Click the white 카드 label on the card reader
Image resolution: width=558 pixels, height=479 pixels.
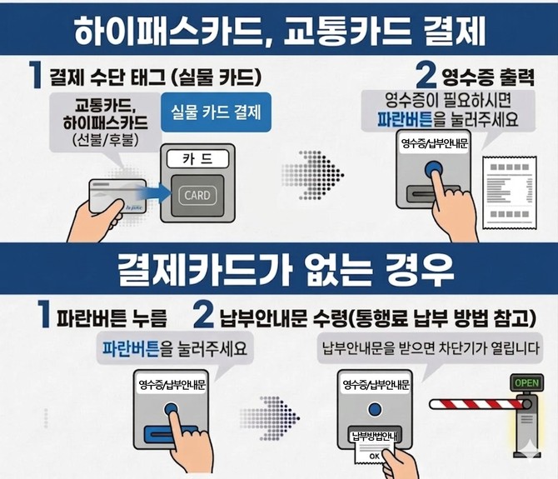click(x=197, y=157)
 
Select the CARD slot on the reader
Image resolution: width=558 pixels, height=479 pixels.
click(x=197, y=196)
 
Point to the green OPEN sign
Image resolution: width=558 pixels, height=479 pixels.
click(x=527, y=383)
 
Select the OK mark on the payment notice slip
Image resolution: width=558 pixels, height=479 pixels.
click(x=374, y=456)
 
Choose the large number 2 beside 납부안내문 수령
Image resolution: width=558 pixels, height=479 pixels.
click(x=205, y=316)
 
